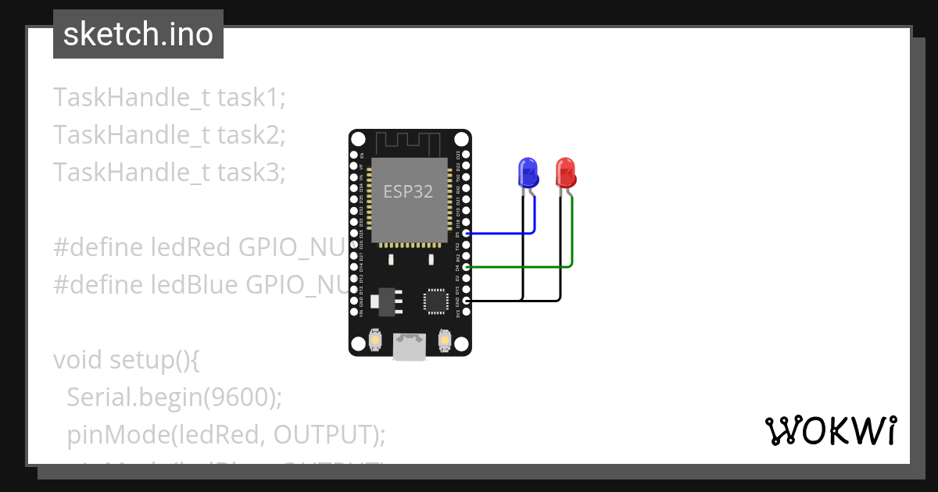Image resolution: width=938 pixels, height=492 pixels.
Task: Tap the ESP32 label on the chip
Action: pyautogui.click(x=407, y=191)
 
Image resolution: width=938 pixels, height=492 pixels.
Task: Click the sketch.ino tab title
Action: pyautogui.click(x=138, y=34)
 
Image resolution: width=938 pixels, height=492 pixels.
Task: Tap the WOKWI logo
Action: pyautogui.click(x=830, y=430)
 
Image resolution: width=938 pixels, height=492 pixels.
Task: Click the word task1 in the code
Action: pyautogui.click(x=251, y=98)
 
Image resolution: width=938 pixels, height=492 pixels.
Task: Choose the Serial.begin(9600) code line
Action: pyautogui.click(x=174, y=398)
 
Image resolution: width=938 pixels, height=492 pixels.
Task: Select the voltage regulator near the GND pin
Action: pyautogui.click(x=387, y=300)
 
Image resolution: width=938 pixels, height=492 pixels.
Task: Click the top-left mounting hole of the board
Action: pyautogui.click(x=358, y=140)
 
